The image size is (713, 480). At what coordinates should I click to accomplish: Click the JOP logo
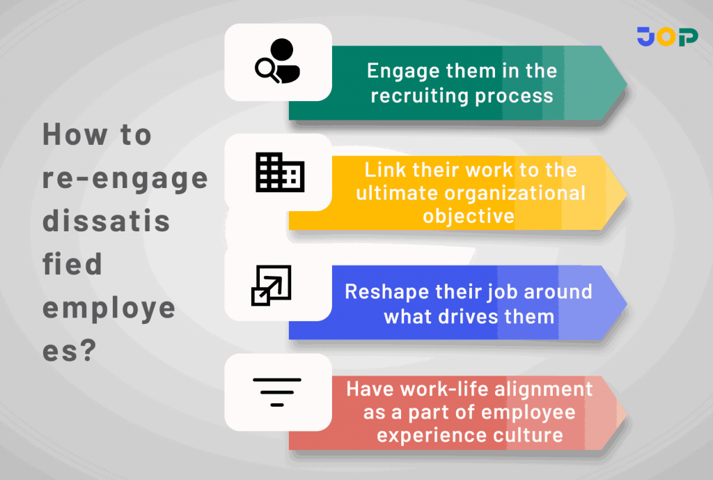coord(667,37)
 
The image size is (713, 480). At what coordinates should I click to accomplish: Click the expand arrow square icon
coord(271,286)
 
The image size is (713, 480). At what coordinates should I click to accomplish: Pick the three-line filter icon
coord(277,392)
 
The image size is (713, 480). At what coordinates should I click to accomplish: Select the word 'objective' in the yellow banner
coord(469,215)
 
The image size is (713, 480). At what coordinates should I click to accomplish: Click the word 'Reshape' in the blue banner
coord(380,291)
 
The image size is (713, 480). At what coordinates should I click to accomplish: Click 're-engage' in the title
coord(125,179)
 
